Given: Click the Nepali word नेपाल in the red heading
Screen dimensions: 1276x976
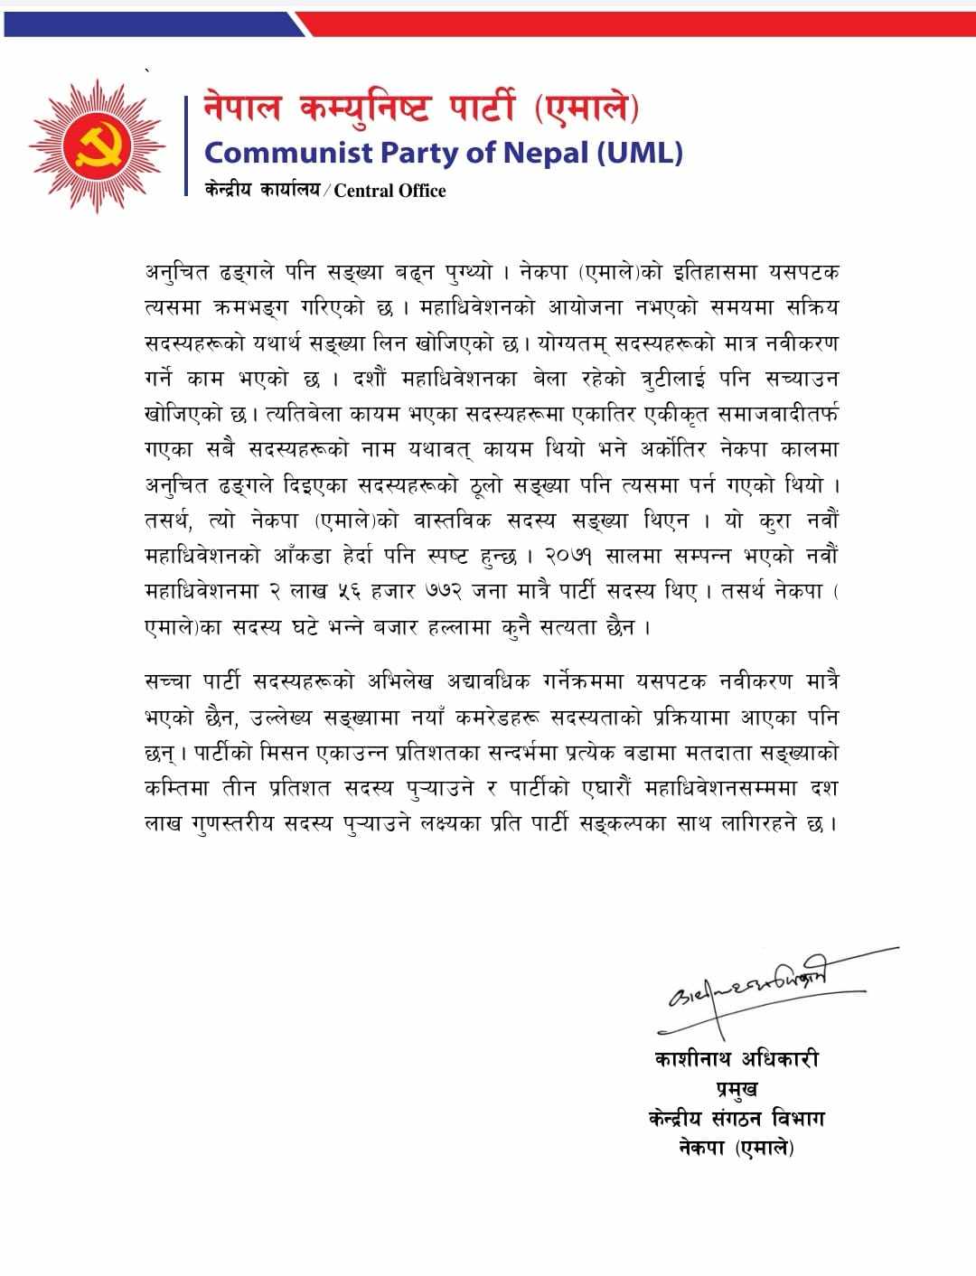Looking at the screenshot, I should (x=241, y=109).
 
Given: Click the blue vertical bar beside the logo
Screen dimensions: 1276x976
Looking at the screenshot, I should (x=187, y=145).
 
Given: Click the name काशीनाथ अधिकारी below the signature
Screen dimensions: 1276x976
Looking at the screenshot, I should (x=736, y=1058).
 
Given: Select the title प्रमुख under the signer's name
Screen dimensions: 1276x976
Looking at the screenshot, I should (x=736, y=1089).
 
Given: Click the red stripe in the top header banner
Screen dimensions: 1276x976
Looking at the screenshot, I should (x=633, y=25).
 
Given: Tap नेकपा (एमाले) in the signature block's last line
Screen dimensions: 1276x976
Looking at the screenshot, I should (x=736, y=1149).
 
